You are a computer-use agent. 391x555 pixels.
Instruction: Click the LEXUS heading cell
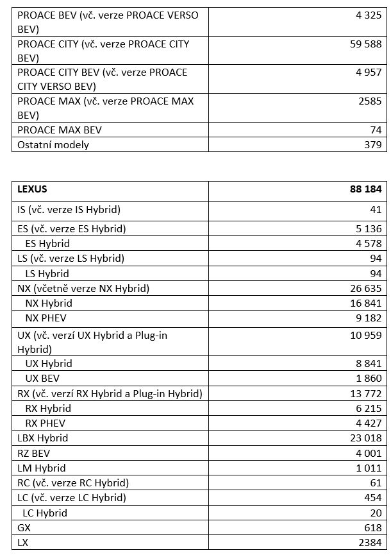tap(32, 189)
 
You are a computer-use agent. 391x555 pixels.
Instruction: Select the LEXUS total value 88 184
tap(361, 189)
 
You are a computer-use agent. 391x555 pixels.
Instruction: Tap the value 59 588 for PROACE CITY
tap(365, 44)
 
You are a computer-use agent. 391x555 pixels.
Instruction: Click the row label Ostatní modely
tap(53, 144)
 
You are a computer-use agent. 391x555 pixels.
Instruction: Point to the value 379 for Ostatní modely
tap(372, 144)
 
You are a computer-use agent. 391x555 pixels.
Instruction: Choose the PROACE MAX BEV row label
tap(60, 130)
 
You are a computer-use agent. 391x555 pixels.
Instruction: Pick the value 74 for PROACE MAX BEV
tap(376, 130)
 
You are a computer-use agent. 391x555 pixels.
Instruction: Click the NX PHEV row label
tap(46, 318)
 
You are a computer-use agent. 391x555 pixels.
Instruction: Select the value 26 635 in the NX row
tap(365, 288)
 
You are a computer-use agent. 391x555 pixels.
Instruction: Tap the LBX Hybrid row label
tap(43, 438)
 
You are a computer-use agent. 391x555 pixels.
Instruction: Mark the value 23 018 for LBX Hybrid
tap(365, 438)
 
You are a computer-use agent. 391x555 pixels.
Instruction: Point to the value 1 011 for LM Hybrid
tap(368, 468)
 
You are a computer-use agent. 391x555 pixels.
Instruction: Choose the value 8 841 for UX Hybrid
tap(368, 363)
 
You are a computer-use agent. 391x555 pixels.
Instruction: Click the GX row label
tap(24, 527)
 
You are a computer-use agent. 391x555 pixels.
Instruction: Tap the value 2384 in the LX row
tap(370, 542)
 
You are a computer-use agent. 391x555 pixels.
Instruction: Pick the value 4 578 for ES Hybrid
tap(368, 243)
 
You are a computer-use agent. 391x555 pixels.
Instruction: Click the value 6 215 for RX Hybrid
tap(368, 408)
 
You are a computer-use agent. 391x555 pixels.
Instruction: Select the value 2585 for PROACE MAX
tap(370, 101)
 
